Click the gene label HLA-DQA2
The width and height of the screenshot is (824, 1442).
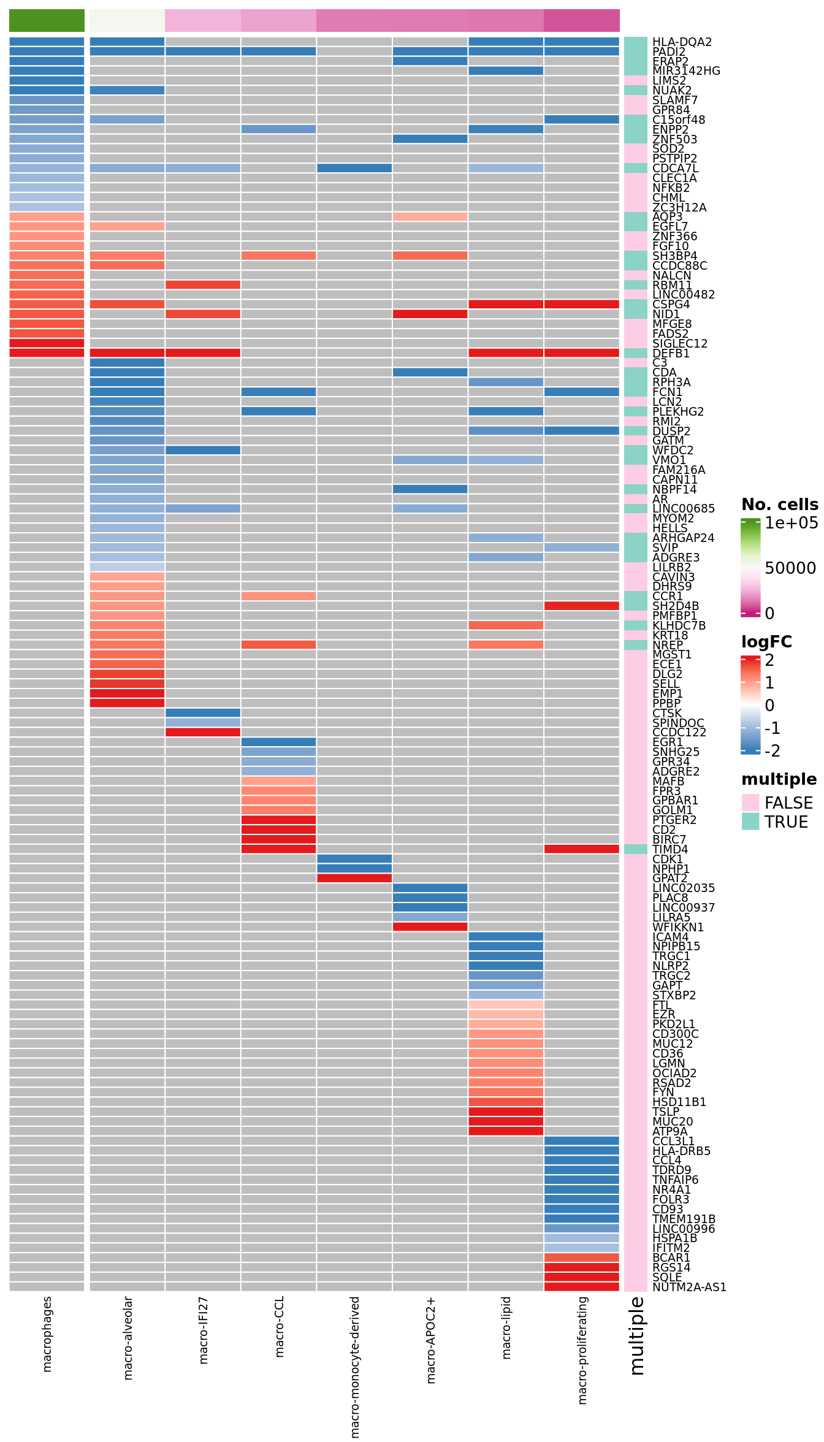pyautogui.click(x=682, y=42)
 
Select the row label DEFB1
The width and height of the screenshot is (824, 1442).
pyautogui.click(x=671, y=353)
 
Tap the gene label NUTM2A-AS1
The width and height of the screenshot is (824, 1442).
pyautogui.click(x=689, y=1287)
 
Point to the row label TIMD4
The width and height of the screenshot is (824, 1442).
pyautogui.click(x=670, y=849)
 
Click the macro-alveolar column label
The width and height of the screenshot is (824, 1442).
pyautogui.click(x=128, y=1337)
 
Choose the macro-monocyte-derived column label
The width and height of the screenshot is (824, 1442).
pyautogui.click(x=354, y=1367)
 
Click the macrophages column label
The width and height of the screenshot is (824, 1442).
pyautogui.click(x=47, y=1333)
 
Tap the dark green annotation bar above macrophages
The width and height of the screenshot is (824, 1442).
pyautogui.click(x=47, y=20)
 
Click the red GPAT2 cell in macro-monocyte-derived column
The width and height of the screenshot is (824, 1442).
pyautogui.click(x=354, y=878)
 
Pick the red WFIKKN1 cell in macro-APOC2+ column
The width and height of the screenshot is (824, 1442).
pyautogui.click(x=430, y=927)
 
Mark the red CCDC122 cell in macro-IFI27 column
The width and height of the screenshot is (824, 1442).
pyautogui.click(x=203, y=732)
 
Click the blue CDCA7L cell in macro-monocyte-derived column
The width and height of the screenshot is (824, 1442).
pyautogui.click(x=354, y=168)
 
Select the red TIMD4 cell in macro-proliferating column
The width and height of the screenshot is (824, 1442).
pyautogui.click(x=582, y=849)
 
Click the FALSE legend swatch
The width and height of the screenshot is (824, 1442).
pyautogui.click(x=750, y=803)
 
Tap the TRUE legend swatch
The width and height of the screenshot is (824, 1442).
pyautogui.click(x=750, y=822)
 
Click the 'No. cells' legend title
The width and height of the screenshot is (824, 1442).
pyautogui.click(x=779, y=505)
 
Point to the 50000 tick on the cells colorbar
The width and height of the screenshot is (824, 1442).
pyautogui.click(x=790, y=568)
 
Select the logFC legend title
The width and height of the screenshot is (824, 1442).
pyautogui.click(x=766, y=642)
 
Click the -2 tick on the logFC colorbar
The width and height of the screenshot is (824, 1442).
pyautogui.click(x=772, y=751)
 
